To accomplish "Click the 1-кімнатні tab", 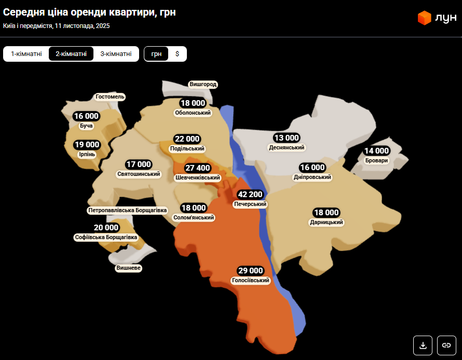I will (x=26, y=54).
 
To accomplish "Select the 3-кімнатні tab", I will (x=116, y=54).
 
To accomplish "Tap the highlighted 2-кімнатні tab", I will (x=71, y=54).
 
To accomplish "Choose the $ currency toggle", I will (x=177, y=54).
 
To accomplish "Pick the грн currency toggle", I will (x=156, y=54).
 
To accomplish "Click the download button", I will (x=423, y=345).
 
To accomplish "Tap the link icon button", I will (x=446, y=345).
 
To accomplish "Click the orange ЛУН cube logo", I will (x=425, y=18).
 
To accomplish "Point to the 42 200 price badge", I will (x=250, y=195).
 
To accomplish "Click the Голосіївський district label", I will (x=251, y=281).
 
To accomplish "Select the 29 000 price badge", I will (x=251, y=271).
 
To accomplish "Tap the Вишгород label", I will (x=203, y=84).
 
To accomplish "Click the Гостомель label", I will (x=110, y=97).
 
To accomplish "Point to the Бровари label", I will (x=376, y=161).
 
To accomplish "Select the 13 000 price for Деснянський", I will (x=287, y=138).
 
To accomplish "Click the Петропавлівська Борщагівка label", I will (x=128, y=211).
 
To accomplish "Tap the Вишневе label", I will (x=129, y=268).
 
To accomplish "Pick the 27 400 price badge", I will (x=198, y=168).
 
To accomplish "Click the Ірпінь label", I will (x=87, y=155).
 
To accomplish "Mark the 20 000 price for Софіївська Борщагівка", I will (x=106, y=228).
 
